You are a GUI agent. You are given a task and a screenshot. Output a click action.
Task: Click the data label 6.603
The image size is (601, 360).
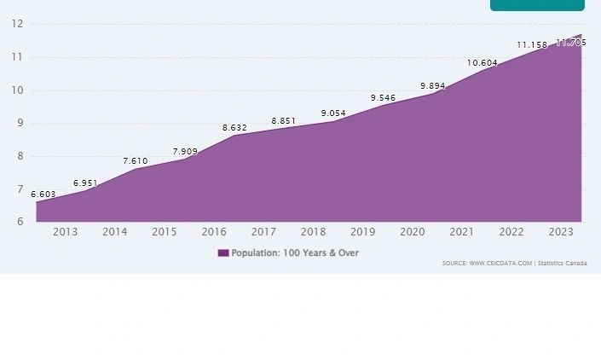pos(43,195)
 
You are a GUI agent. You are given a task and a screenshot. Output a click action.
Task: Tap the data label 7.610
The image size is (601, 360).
pos(136,161)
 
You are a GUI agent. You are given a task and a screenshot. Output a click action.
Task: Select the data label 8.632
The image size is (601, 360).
pos(234,128)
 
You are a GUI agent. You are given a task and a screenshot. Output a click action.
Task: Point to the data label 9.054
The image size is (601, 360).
pos(333,113)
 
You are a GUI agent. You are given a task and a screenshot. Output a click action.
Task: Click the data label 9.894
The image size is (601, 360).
pos(433,86)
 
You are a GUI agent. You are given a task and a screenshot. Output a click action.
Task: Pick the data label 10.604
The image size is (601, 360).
pos(483,63)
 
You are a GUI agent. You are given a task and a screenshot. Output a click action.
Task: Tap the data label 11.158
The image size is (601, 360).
pos(532,45)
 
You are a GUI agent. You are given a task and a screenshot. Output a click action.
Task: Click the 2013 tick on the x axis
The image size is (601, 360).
pos(66,232)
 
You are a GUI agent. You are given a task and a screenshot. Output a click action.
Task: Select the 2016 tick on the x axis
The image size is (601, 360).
pos(214,232)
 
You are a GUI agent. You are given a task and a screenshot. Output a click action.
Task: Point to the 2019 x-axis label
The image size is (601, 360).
pos(363,232)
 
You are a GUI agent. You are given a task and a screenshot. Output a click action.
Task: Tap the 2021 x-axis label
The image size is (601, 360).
pos(462,232)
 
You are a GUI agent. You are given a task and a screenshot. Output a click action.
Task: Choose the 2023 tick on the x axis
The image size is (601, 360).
pos(561,232)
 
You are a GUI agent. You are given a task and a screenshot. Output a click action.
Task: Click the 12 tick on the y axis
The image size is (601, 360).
pos(17,24)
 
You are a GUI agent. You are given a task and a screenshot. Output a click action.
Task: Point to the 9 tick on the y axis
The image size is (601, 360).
pos(19,123)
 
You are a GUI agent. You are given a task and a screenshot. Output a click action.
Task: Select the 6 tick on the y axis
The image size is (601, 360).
pos(19,222)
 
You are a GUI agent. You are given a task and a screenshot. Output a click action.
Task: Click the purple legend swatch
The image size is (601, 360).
pos(223,253)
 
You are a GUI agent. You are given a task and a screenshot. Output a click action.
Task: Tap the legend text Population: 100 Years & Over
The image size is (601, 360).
pos(295,253)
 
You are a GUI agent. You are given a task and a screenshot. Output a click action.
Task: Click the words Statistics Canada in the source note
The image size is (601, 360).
pos(563,264)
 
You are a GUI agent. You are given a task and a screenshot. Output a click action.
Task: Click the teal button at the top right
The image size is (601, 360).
pos(537,5)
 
